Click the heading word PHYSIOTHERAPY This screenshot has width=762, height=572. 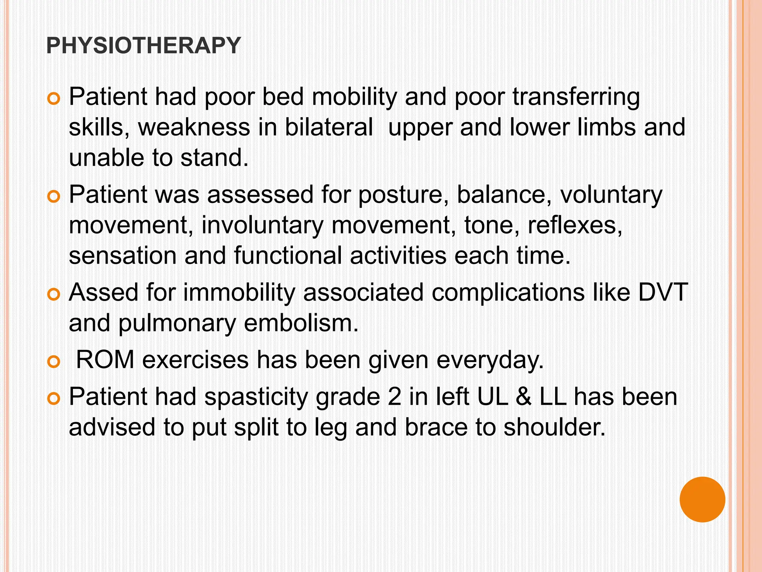pyautogui.click(x=144, y=45)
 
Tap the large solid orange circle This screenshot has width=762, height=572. pyautogui.click(x=702, y=499)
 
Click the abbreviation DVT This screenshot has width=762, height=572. pyautogui.click(x=663, y=292)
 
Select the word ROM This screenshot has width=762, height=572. pyautogui.click(x=105, y=360)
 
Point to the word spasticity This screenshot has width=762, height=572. pyautogui.click(x=256, y=397)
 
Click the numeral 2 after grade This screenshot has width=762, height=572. pyautogui.click(x=394, y=397)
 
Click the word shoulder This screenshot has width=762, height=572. pyautogui.click(x=554, y=427)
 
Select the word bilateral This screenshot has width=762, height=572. pyautogui.click(x=329, y=127)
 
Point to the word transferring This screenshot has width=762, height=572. pyautogui.click(x=576, y=97)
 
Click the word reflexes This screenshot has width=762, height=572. pyautogui.click(x=575, y=225)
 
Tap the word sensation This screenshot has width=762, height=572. pyautogui.click(x=123, y=256)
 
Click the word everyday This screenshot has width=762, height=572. pyautogui.click(x=490, y=360)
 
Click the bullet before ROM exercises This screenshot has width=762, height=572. pyautogui.click(x=54, y=362)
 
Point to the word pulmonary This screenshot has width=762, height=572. pyautogui.click(x=177, y=323)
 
